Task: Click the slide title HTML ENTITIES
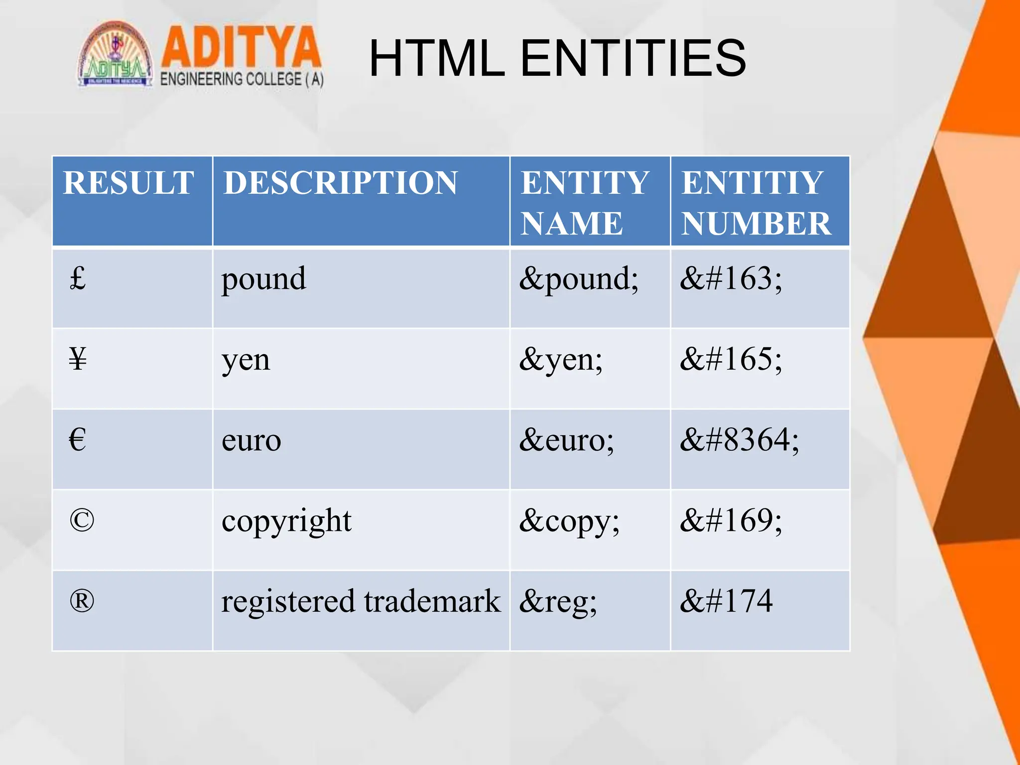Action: pos(557,59)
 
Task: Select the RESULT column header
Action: pos(128,183)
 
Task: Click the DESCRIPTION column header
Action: pos(340,183)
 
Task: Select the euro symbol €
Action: pos(78,440)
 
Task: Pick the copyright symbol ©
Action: pos(82,520)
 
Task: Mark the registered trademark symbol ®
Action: pos(82,601)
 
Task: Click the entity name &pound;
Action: pos(579,279)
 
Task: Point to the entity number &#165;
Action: pos(731,359)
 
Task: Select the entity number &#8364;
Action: pos(739,440)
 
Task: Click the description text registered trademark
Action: pos(361,602)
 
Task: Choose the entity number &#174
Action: pos(726,601)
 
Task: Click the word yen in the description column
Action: pos(246,360)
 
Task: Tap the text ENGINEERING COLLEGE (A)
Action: pos(242,79)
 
